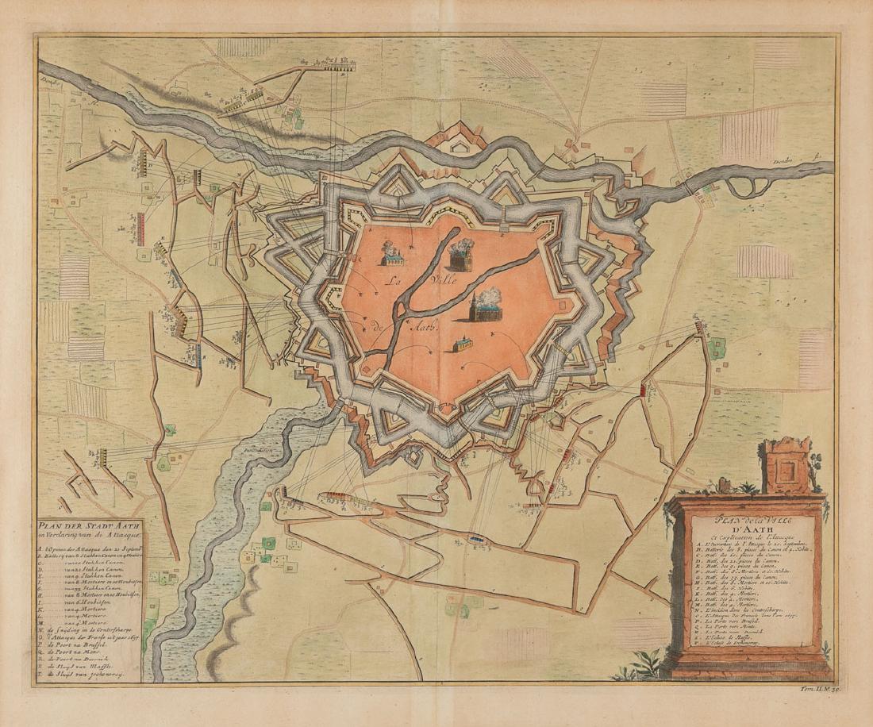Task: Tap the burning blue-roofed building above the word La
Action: [x=391, y=253]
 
